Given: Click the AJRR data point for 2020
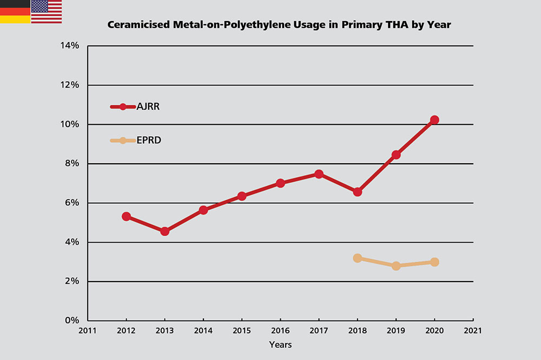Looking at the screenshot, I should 434,120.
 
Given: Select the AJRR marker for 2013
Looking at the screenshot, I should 165,231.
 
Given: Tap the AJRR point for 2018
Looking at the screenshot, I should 357,192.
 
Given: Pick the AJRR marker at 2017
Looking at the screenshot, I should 319,174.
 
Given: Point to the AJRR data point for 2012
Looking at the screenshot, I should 126,216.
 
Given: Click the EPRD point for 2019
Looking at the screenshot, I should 396,266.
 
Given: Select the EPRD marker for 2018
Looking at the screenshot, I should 357,258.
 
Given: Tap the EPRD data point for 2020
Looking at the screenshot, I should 434,262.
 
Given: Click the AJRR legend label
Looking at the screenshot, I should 148,106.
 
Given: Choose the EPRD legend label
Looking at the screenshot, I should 149,141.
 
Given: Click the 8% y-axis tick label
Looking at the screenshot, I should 71,164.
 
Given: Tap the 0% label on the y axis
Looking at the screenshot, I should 71,321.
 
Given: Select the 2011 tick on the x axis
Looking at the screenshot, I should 88,330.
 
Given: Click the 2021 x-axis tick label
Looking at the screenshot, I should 473,330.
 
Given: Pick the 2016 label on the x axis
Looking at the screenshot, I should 280,330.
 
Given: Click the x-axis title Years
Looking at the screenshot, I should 280,344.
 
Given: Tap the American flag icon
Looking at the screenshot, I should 47,11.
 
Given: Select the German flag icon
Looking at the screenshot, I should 15,11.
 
